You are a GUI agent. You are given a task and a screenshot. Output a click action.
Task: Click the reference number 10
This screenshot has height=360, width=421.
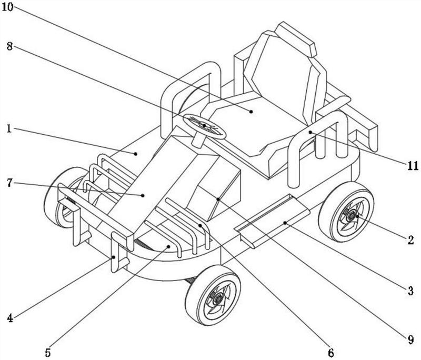click(x=7, y=7)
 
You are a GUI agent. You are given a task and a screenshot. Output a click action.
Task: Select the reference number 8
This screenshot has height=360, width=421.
click(x=9, y=46)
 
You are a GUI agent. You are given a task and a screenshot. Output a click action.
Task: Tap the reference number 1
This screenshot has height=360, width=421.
click(x=9, y=129)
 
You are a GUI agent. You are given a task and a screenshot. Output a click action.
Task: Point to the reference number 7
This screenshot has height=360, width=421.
click(x=9, y=183)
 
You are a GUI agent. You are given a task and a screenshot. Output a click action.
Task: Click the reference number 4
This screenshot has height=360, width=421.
click(x=10, y=318)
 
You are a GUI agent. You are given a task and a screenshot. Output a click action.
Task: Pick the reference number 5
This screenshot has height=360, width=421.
click(x=48, y=352)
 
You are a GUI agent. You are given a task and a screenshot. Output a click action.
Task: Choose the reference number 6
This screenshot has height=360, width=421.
click(x=331, y=353)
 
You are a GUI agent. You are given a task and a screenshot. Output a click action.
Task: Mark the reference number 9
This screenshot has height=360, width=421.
click(x=411, y=340)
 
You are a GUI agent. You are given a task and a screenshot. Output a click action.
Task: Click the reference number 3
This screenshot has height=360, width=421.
click(x=411, y=291)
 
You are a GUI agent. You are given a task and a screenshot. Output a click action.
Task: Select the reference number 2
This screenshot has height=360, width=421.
click(x=411, y=239)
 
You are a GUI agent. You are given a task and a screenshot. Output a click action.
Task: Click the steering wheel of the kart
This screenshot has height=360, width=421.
click(x=204, y=126)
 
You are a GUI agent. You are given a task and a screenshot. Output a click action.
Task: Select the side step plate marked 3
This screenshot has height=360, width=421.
click(x=272, y=220)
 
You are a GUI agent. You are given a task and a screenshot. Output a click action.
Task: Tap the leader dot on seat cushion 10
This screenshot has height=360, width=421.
click(x=252, y=112)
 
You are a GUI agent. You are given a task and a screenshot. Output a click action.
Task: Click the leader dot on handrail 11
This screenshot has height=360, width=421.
click(x=310, y=132)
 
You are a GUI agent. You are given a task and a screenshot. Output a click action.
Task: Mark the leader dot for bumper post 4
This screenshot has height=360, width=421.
click(x=114, y=257)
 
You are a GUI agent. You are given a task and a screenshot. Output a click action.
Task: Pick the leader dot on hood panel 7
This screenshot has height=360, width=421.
click(x=143, y=195)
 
